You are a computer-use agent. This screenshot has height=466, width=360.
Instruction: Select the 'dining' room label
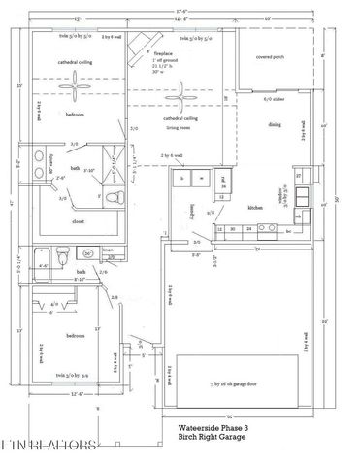(x=276, y=124)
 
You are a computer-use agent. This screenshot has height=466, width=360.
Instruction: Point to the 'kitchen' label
(x=254, y=207)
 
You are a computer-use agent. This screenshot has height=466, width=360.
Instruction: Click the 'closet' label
(x=77, y=221)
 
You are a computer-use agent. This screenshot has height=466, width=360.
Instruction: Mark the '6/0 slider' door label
(x=274, y=99)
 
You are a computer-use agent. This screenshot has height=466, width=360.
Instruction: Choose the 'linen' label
(x=109, y=250)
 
